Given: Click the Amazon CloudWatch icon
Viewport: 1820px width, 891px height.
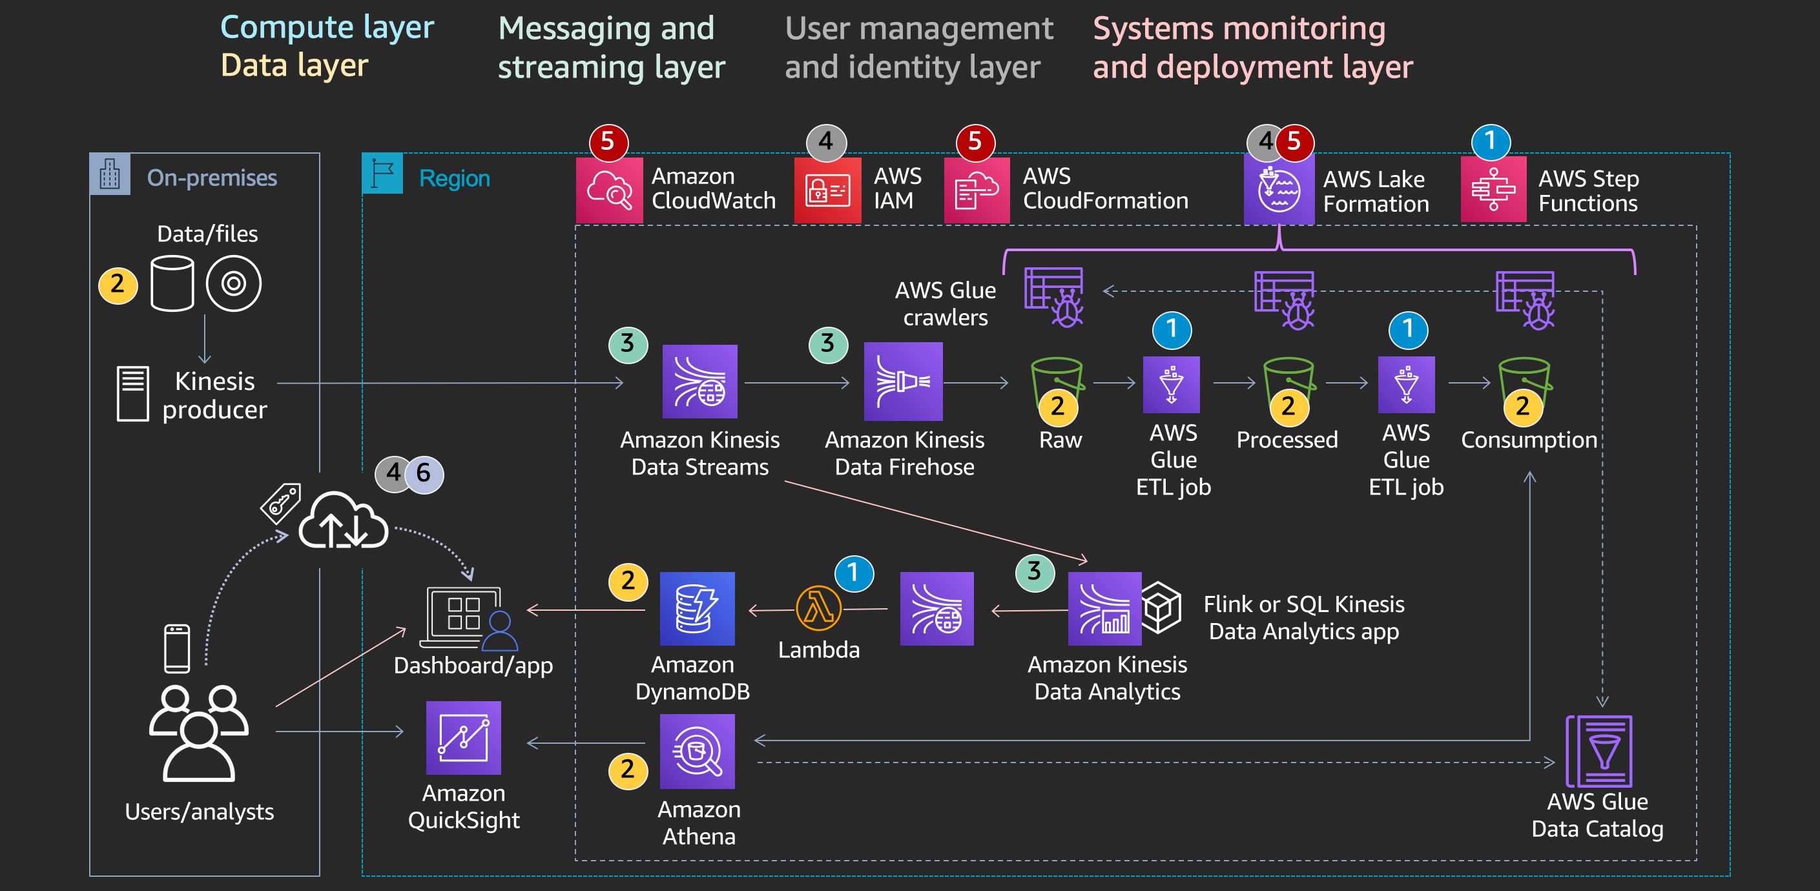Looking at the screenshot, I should (x=609, y=190).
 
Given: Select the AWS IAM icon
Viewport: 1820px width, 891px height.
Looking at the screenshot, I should (x=827, y=190).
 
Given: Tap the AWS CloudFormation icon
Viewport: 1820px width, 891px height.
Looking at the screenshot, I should (x=977, y=190).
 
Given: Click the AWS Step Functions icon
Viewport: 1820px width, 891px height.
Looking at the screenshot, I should (x=1493, y=189).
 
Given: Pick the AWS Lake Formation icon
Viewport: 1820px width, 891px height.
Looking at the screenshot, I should (x=1278, y=190).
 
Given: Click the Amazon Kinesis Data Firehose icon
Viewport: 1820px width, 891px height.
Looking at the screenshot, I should (x=903, y=382).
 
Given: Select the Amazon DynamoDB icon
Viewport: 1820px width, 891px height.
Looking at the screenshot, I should (x=697, y=608).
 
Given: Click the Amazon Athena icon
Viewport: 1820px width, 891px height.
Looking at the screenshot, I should (x=697, y=751).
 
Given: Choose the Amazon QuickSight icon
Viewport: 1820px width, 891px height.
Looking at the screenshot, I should (x=464, y=738).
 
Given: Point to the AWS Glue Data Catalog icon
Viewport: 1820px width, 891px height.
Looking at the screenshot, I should (x=1600, y=751).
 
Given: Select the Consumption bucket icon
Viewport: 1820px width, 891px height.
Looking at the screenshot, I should (x=1524, y=382).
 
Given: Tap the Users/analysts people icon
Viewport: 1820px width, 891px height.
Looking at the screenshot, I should (x=198, y=732).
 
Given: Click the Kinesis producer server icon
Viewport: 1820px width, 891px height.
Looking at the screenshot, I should (x=133, y=394).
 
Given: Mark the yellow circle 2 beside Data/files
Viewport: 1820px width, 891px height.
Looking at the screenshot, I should (x=118, y=285).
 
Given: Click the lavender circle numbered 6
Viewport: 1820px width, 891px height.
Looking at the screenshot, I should (x=424, y=473).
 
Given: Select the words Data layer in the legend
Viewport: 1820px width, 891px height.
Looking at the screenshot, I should (x=294, y=65).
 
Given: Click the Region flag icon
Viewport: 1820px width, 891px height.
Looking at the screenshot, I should (x=382, y=174).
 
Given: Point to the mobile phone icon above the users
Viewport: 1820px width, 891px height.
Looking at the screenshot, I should (x=176, y=648).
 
